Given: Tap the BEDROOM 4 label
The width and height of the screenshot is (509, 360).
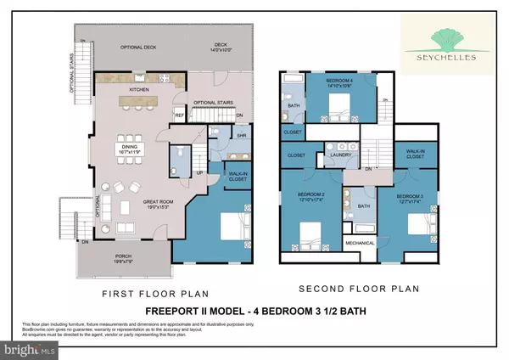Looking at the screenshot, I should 338,82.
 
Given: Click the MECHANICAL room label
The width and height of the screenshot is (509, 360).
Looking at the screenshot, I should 360,243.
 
